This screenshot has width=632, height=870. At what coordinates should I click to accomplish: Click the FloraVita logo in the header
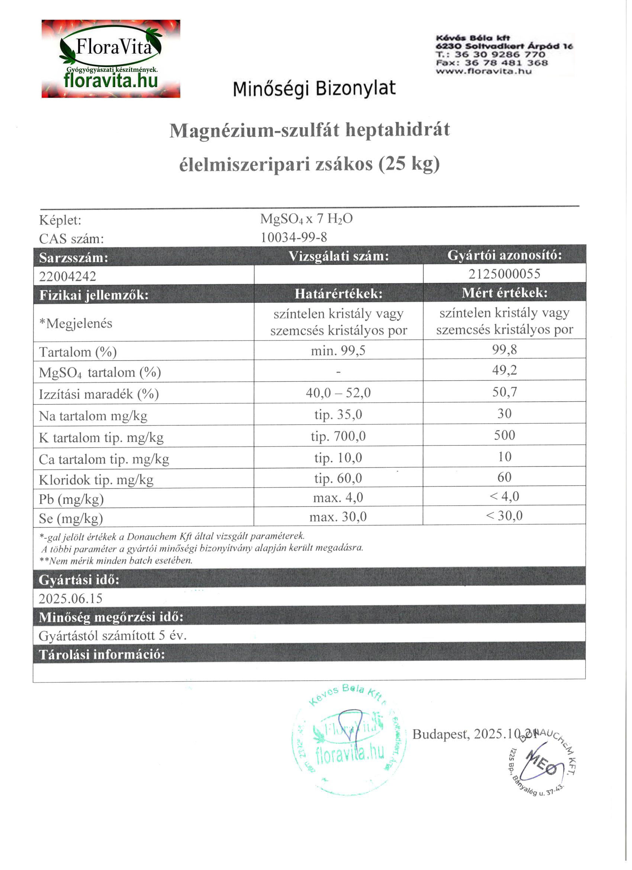tap(111, 59)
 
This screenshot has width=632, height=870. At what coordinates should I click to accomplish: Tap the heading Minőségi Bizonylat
tap(314, 89)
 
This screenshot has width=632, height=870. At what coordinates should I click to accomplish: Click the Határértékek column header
tap(338, 294)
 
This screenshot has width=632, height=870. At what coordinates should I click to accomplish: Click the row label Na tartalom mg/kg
tap(93, 416)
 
